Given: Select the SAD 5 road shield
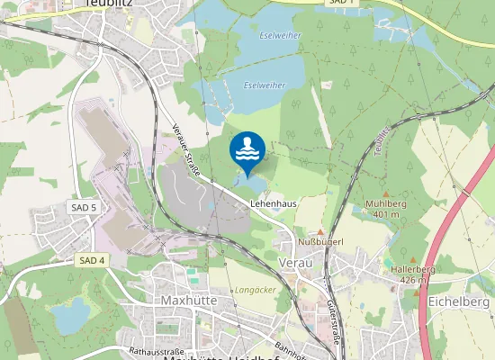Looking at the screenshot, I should coord(84,208).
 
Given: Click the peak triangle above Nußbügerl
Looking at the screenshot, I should coord(319,232).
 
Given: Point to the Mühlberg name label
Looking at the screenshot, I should coord(387,204).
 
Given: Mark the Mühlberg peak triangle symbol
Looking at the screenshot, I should coord(387,193).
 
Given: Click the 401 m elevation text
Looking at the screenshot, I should coord(387,214).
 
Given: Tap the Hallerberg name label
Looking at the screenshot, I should coord(414,269).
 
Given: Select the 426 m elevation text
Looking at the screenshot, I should coord(414,280).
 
